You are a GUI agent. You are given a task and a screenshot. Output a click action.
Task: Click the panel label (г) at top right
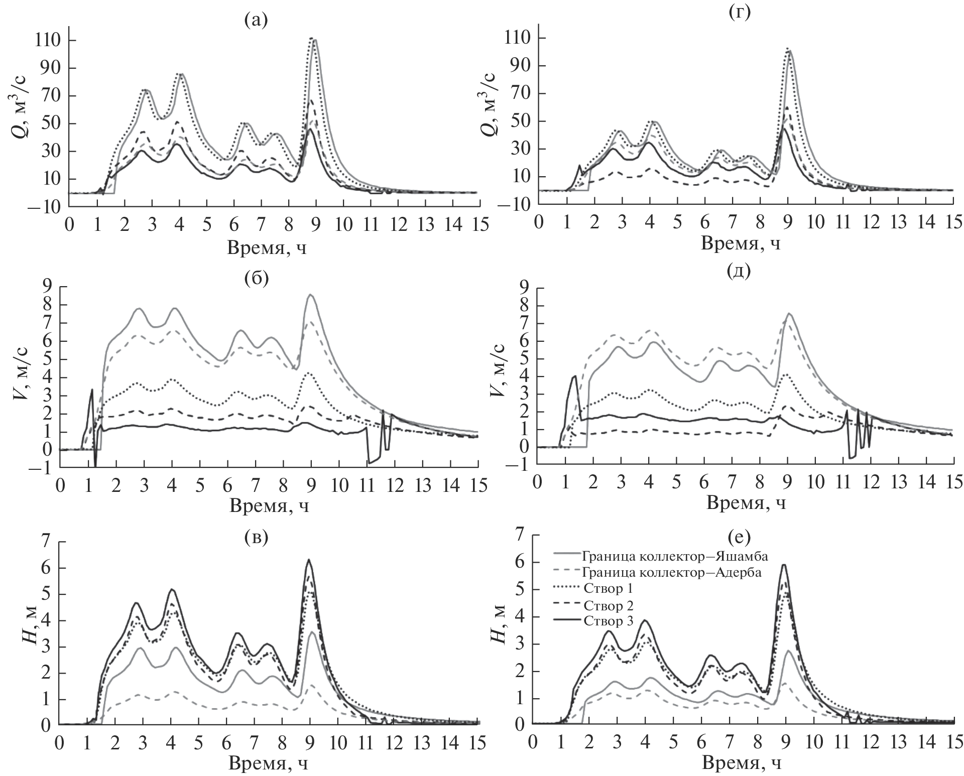(x=739, y=13)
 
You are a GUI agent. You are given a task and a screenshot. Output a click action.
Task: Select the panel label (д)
(x=739, y=272)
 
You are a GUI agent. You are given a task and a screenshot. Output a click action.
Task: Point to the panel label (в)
(x=256, y=538)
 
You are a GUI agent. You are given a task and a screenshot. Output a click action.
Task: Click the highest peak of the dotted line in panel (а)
(x=311, y=38)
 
